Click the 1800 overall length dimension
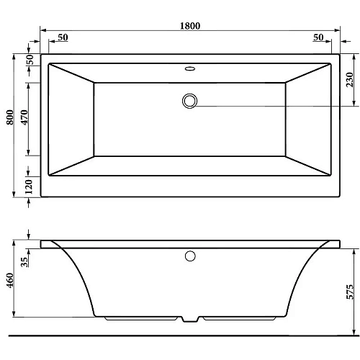(x=189, y=25)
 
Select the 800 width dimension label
(x=9, y=123)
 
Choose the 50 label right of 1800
(x=318, y=37)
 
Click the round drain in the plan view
(x=190, y=100)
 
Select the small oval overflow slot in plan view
(x=190, y=70)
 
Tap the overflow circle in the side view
(x=190, y=255)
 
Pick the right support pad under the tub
(x=241, y=318)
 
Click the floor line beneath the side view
(x=180, y=336)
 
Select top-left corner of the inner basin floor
(x=95, y=83)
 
